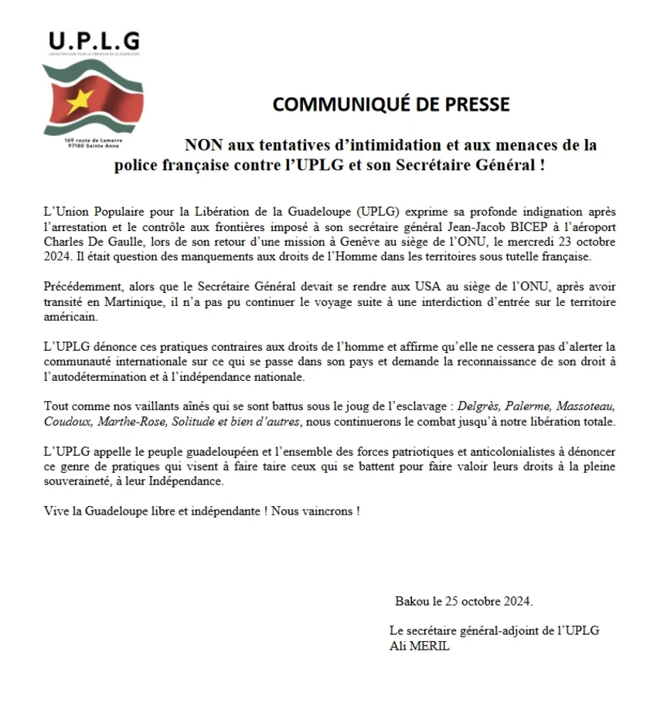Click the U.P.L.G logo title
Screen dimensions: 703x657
[x=94, y=40]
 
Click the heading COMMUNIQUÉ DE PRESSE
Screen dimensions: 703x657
[x=390, y=104]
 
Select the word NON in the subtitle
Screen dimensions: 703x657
[x=201, y=144]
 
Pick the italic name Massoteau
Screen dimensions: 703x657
[x=601, y=407]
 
